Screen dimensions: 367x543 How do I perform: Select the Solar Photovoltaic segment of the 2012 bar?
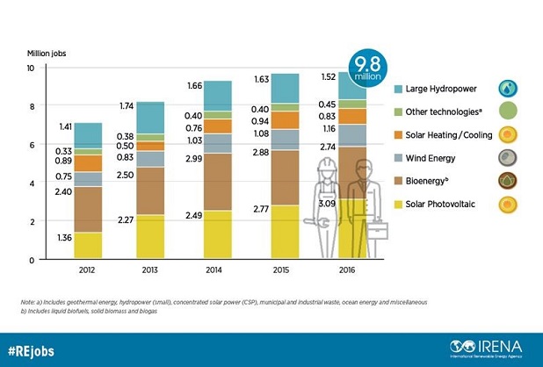click(88, 245)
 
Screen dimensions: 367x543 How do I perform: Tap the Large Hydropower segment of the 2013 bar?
click(150, 117)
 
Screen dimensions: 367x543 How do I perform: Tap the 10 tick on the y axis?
click(30, 68)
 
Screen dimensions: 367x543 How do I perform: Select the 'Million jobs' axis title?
click(45, 54)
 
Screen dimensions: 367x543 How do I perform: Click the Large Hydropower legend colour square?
click(398, 89)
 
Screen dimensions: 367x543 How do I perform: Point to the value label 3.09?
click(315, 204)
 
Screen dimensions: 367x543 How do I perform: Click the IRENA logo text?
click(496, 343)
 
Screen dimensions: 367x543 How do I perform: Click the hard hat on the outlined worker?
click(322, 166)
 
